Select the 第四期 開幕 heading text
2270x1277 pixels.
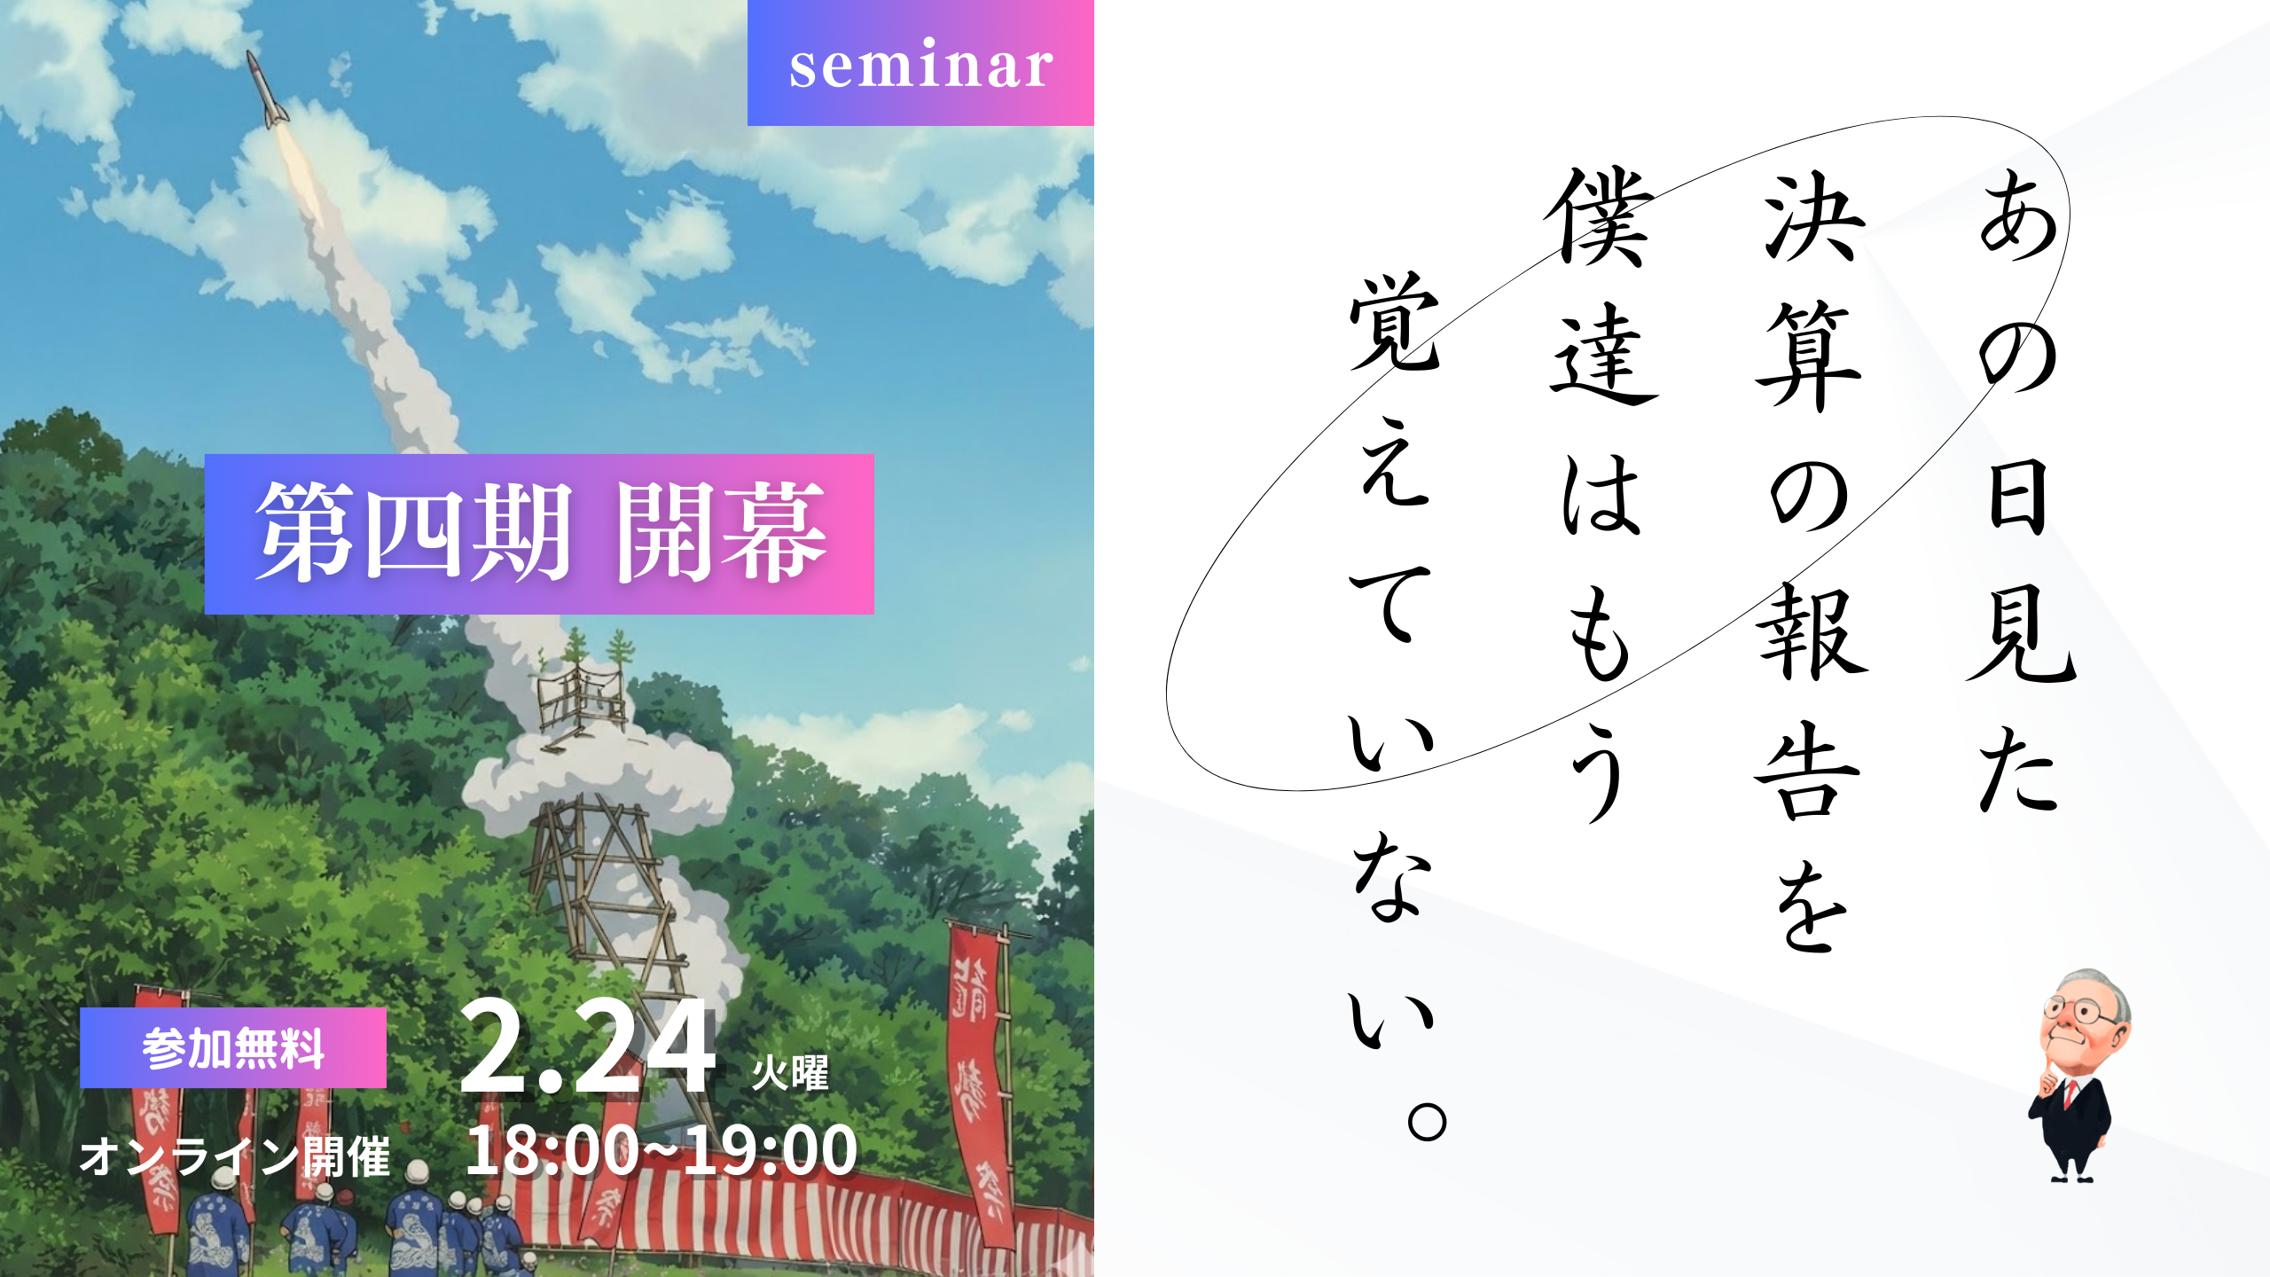(540, 533)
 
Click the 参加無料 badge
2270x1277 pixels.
(233, 1048)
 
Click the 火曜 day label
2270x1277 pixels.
(790, 1073)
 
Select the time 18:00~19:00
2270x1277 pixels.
(661, 1151)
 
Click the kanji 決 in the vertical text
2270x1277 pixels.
(1813, 217)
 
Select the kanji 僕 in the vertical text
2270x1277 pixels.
(1601, 217)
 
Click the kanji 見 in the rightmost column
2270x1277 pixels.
(2022, 634)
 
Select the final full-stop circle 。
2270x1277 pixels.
(1427, 1122)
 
